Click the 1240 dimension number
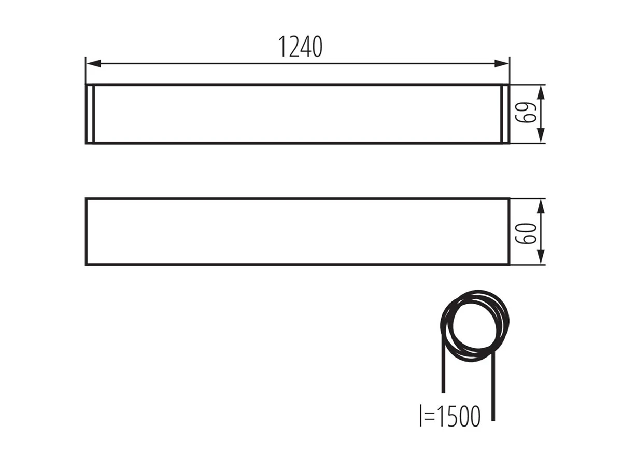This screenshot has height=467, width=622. pyautogui.click(x=300, y=47)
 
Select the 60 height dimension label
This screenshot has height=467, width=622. pyautogui.click(x=526, y=233)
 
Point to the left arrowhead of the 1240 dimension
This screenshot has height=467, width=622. pyautogui.click(x=93, y=63)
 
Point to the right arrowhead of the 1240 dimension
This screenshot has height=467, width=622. pyautogui.click(x=502, y=63)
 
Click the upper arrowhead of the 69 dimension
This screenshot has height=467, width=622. pyautogui.click(x=541, y=92)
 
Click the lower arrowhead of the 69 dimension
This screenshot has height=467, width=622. pyautogui.click(x=541, y=135)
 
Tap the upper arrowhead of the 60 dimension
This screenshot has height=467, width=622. pyautogui.click(x=541, y=206)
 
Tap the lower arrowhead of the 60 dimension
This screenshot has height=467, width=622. pyautogui.click(x=541, y=257)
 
